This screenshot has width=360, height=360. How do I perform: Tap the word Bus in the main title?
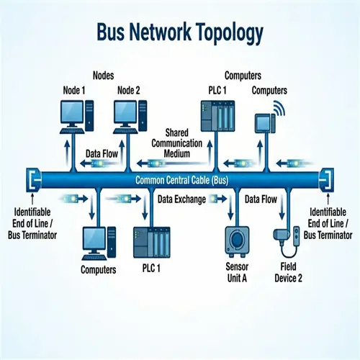(x=114, y=33)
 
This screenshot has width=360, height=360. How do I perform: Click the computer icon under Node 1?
(x=75, y=117)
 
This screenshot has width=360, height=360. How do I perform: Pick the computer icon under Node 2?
(x=130, y=117)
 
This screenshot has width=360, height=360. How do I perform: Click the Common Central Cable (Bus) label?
(x=181, y=180)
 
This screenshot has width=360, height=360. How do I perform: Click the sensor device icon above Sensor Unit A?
(x=238, y=240)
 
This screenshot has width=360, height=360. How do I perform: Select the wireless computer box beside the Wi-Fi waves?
(x=264, y=124)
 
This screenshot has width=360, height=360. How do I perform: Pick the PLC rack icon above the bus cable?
(x=217, y=117)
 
